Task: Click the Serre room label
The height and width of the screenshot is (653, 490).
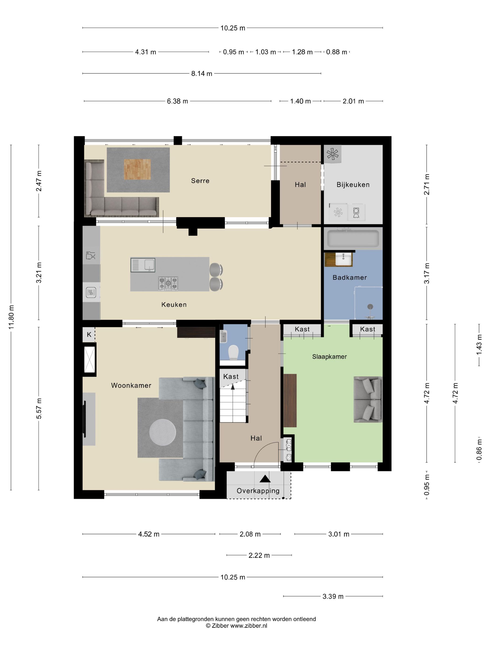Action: point(200,181)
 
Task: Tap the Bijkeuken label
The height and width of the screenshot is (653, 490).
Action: point(353,185)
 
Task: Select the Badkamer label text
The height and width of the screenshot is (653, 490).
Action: point(349,278)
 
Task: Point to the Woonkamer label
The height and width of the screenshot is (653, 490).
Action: point(131,385)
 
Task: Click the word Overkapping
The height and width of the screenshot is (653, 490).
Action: point(258,491)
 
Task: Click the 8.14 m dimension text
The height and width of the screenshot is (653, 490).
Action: point(202,73)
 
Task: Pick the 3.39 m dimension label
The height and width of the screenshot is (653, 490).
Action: point(333,596)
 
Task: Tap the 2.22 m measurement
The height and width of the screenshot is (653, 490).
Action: point(259,555)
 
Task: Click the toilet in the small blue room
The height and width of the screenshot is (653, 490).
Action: point(233,352)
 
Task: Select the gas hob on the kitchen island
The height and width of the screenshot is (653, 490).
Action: point(168,283)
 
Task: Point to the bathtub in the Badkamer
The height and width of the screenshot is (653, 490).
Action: point(353,239)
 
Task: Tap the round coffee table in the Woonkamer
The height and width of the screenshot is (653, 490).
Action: point(162,432)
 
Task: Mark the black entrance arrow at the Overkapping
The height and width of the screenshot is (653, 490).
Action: point(265,479)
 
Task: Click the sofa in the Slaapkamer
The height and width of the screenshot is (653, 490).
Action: point(368,400)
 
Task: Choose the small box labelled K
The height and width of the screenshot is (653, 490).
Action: point(89,335)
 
